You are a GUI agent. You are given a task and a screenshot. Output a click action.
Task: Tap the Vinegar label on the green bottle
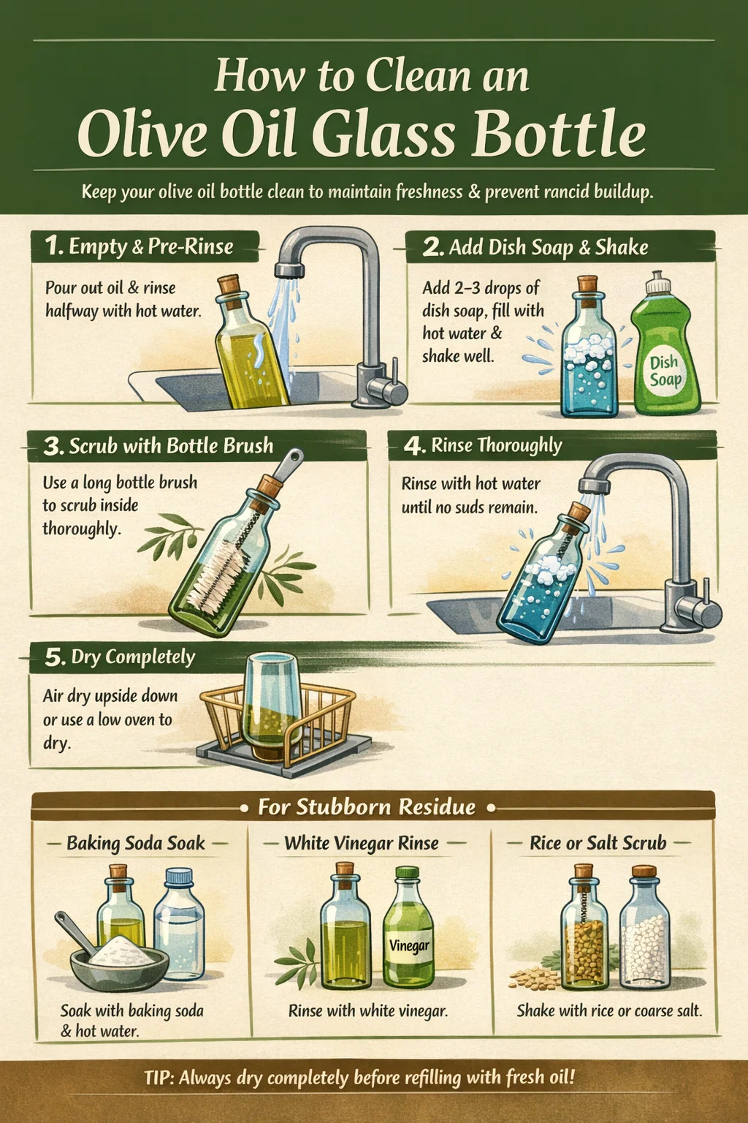pos(409,946)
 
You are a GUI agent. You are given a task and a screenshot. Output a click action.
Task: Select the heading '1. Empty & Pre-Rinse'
pos(139,246)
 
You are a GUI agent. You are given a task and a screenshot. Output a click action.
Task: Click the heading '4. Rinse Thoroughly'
pos(483,446)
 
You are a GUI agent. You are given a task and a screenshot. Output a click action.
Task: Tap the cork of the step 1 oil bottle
pos(230,288)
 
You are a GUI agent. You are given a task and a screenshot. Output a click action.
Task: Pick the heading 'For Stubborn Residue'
pos(367,807)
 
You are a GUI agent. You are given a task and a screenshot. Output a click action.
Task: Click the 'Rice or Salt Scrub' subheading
pos(598,843)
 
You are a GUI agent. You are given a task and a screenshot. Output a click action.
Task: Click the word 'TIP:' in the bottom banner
pos(159,1078)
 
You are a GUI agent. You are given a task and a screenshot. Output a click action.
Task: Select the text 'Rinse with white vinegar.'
pos(367,1010)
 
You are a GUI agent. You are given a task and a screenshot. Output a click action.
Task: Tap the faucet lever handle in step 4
pos(706,596)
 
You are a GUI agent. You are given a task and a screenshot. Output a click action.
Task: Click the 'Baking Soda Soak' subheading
pos(136,843)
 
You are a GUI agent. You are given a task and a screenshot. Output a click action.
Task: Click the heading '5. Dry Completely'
pos(120,657)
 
